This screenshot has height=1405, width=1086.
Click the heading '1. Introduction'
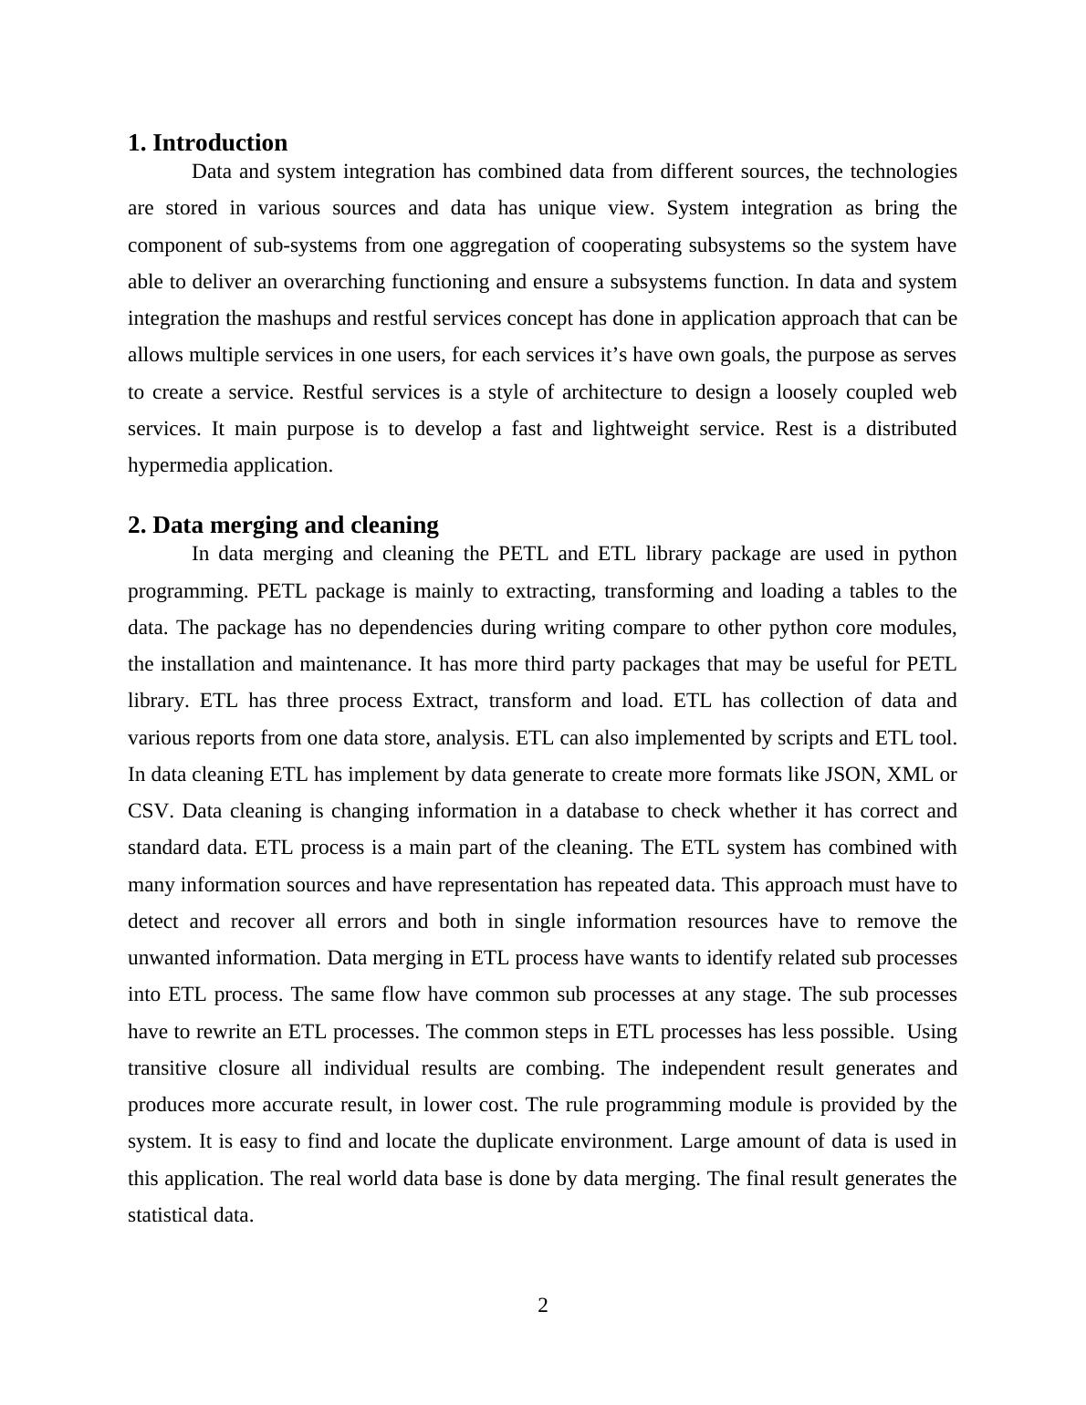pos(207,143)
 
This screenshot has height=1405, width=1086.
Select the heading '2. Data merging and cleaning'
pos(283,526)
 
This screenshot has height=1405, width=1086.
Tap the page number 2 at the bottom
pos(543,1306)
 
